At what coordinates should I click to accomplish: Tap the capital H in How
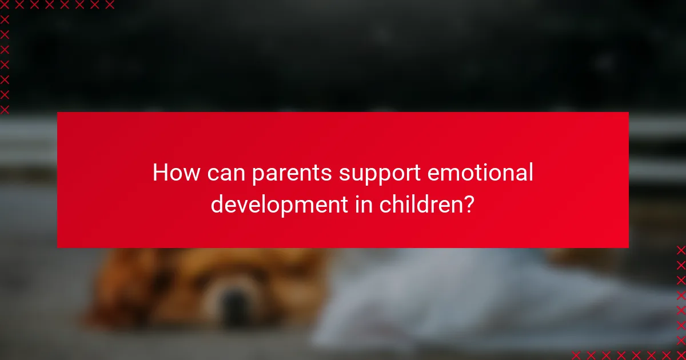159,173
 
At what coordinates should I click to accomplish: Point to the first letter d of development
217,204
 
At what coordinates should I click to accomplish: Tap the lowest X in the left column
5,109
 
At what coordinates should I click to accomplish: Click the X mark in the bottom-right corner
681,355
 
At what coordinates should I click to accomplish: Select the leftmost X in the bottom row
576,355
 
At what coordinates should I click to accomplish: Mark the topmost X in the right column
681,250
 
